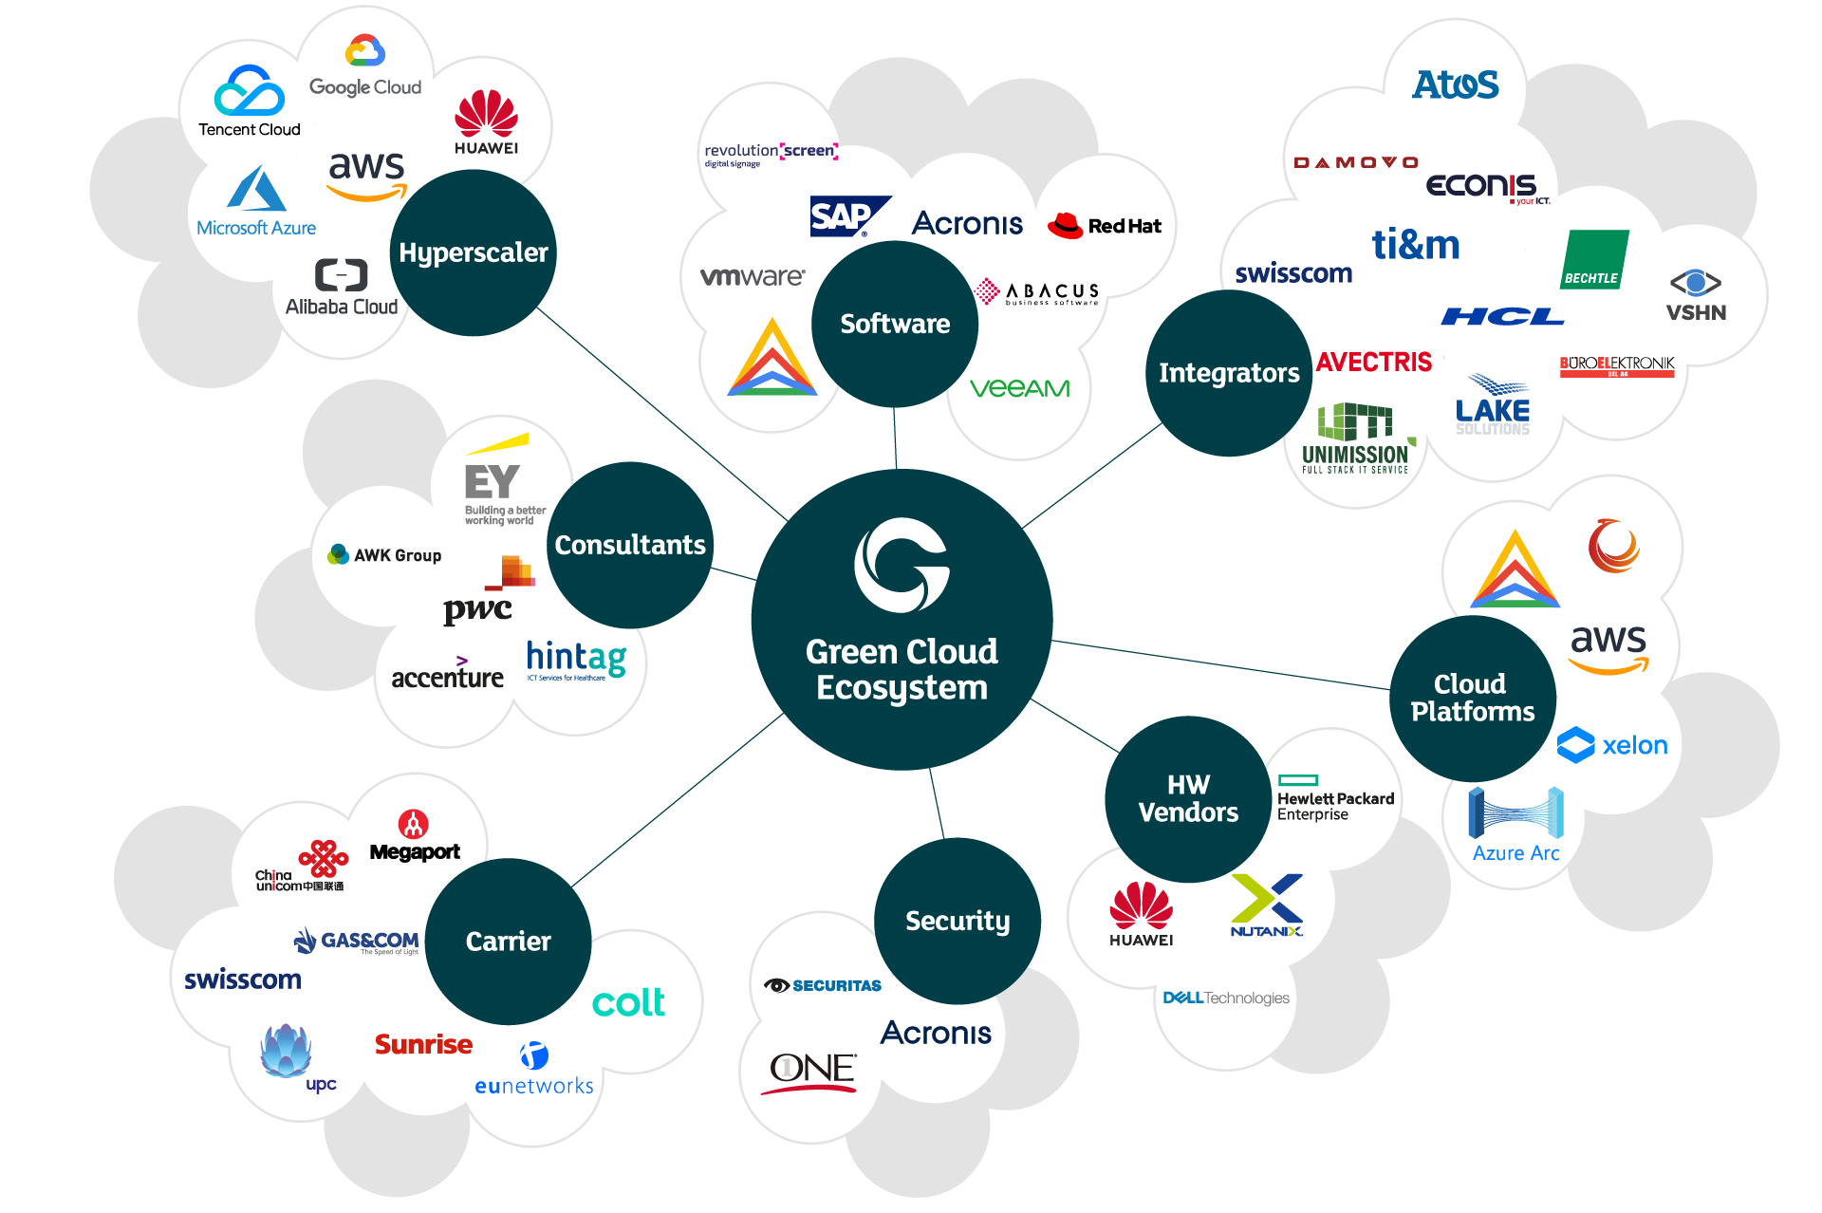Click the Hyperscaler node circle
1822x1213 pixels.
(x=473, y=252)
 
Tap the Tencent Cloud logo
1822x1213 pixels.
(x=249, y=101)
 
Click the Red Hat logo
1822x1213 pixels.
(x=1105, y=226)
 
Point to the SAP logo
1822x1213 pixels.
(x=847, y=216)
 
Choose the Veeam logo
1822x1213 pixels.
(x=1019, y=388)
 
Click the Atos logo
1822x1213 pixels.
(x=1455, y=85)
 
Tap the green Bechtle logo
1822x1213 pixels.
(x=1594, y=259)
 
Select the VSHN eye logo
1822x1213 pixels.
(x=1696, y=295)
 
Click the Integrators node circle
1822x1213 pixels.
(x=1229, y=373)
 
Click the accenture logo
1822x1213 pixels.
(x=447, y=674)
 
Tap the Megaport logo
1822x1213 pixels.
(x=415, y=836)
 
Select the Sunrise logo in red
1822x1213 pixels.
(x=423, y=1044)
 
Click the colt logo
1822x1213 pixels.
(x=628, y=1002)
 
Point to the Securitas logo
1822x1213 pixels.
(x=823, y=985)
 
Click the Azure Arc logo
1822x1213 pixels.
(x=1515, y=824)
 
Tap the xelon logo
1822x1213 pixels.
(x=1612, y=745)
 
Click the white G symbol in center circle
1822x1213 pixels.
(x=902, y=565)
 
